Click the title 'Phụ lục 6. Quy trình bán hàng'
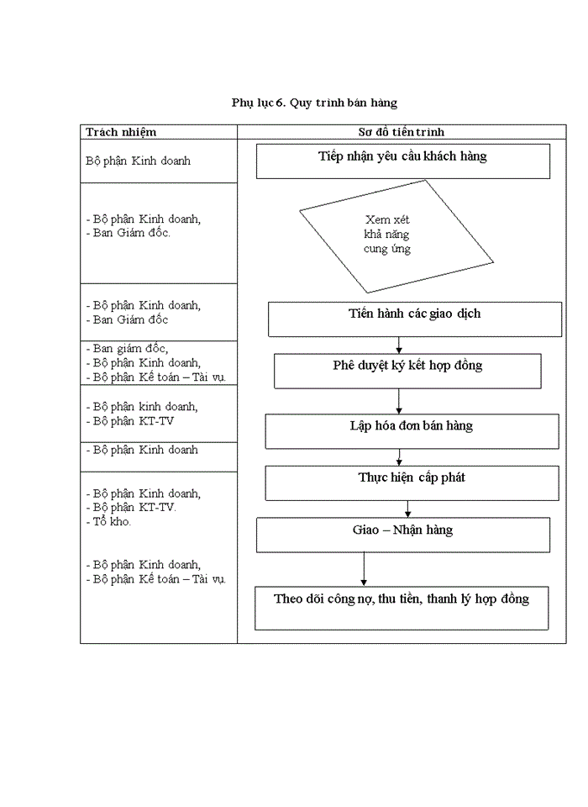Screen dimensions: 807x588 tap(314, 103)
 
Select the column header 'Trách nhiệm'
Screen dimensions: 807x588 tap(121, 132)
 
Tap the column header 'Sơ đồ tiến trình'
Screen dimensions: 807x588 tap(402, 132)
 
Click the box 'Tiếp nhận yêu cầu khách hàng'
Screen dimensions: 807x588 tap(402, 161)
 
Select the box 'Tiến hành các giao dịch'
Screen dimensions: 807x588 tap(414, 319)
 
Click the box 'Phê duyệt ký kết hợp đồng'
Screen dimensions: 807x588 tap(407, 371)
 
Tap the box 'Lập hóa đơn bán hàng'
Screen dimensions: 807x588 tap(412, 430)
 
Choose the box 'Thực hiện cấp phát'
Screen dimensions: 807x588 tap(412, 483)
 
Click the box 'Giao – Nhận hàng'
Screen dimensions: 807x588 tap(402, 535)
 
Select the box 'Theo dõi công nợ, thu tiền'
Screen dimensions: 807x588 tap(402, 607)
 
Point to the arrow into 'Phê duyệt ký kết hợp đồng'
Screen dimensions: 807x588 tap(399, 345)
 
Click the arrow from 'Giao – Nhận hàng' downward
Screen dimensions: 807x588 tap(364, 568)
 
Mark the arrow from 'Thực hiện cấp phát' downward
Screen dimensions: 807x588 tap(408, 509)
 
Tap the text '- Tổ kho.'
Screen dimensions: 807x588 tap(109, 522)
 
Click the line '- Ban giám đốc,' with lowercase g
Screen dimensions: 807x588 tap(127, 349)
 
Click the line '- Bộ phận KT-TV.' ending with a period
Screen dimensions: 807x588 tap(131, 508)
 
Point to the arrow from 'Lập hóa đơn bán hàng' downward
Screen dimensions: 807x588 tap(399, 456)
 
